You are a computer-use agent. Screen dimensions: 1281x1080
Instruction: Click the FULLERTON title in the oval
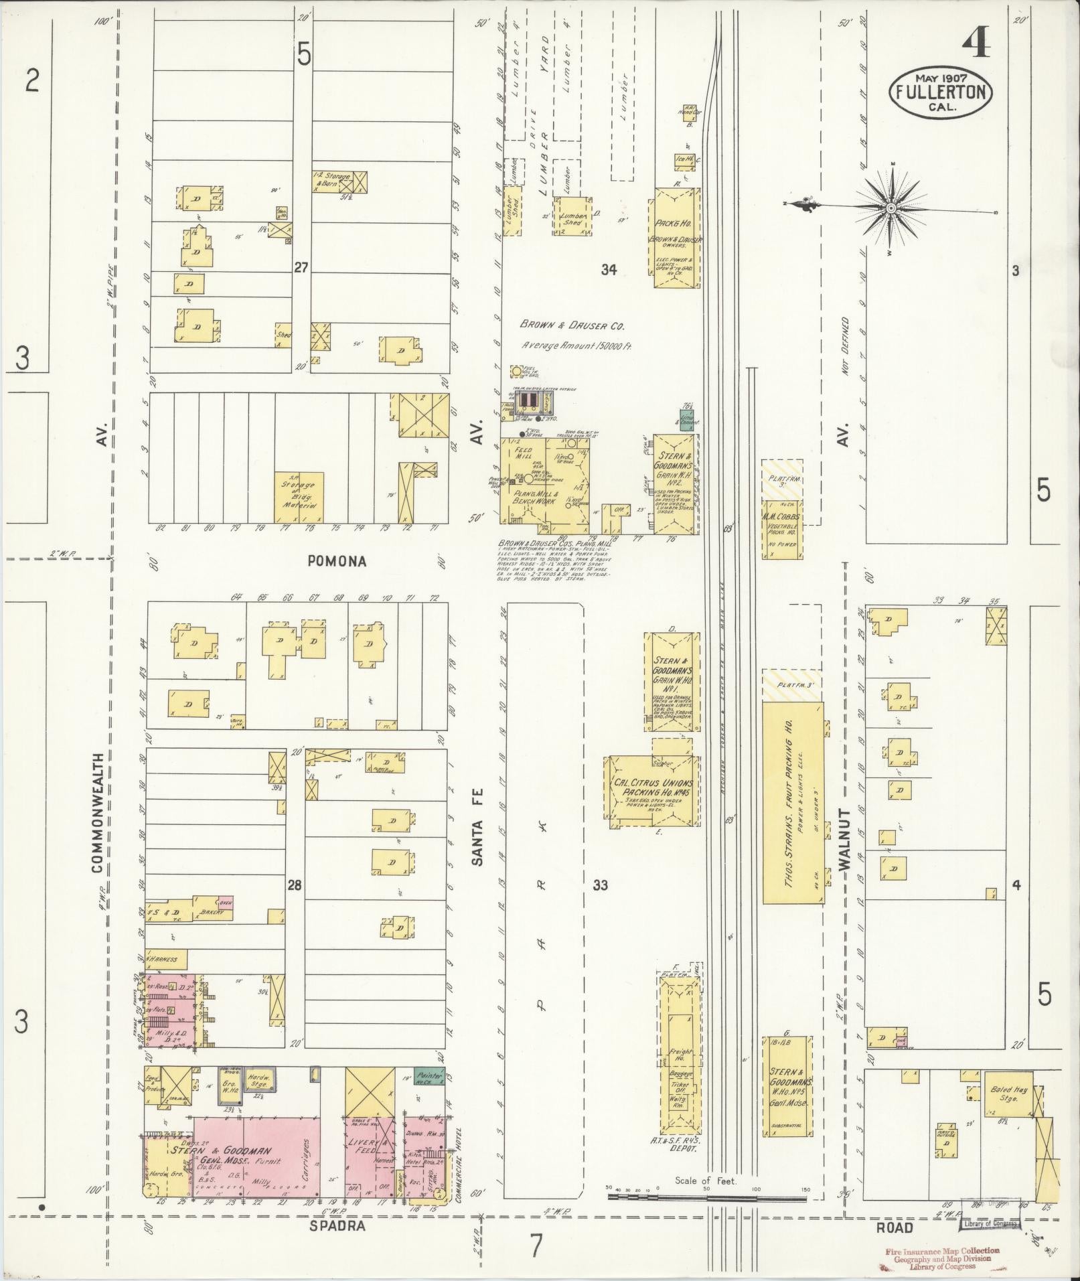[941, 92]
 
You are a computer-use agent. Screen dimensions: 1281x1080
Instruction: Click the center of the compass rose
[891, 209]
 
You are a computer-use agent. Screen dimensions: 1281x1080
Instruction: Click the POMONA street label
[337, 561]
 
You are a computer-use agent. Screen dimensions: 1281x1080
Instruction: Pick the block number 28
[294, 885]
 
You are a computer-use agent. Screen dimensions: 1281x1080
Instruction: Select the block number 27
[301, 268]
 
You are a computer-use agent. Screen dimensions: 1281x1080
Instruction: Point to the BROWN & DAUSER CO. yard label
[572, 326]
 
